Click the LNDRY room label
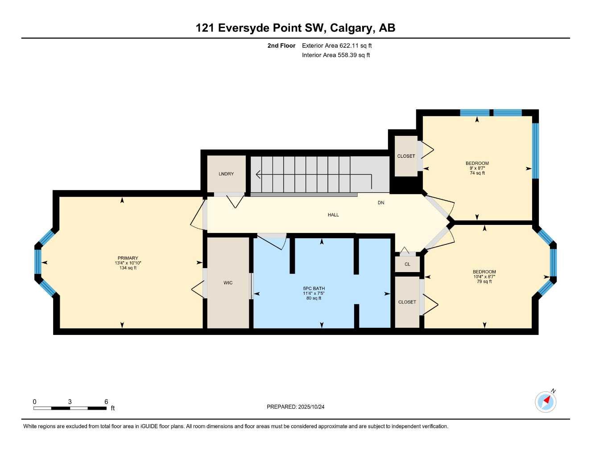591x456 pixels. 226,174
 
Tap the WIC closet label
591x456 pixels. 228,283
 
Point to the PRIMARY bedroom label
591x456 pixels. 128,258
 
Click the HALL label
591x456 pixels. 333,215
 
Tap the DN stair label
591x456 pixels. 381,203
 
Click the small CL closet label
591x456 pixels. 407,264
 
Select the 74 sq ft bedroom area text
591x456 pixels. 477,173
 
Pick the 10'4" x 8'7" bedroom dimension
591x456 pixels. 484,277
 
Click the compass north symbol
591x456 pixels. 546,402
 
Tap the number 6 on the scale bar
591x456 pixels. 106,402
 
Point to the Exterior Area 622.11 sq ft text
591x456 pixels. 337,45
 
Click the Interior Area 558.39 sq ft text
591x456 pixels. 336,55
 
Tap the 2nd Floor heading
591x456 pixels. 281,45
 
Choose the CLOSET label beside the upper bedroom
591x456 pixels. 406,156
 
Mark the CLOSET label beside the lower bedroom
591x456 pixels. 407,302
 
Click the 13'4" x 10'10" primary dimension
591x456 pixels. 128,263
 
